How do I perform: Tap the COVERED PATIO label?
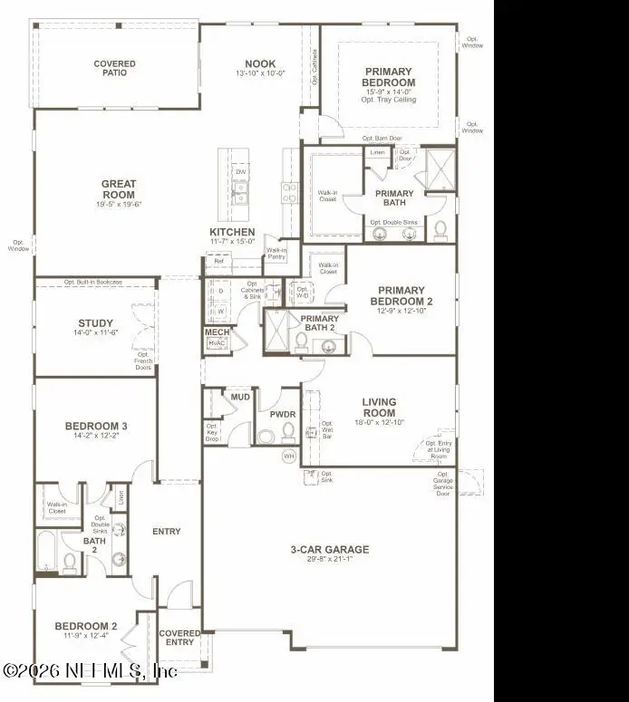click(115, 68)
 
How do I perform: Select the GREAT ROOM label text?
click(119, 189)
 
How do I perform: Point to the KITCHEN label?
click(232, 232)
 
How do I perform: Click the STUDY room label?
click(95, 323)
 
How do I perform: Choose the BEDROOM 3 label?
click(95, 426)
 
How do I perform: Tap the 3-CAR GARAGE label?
click(329, 549)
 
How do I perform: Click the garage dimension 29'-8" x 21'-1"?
click(329, 559)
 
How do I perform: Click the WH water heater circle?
click(289, 456)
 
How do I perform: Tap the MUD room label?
click(239, 397)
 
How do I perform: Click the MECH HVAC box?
click(216, 338)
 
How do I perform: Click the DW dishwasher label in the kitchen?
click(240, 172)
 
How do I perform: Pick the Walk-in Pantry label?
click(276, 254)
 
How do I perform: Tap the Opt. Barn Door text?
click(382, 138)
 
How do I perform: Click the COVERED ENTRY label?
click(179, 638)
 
